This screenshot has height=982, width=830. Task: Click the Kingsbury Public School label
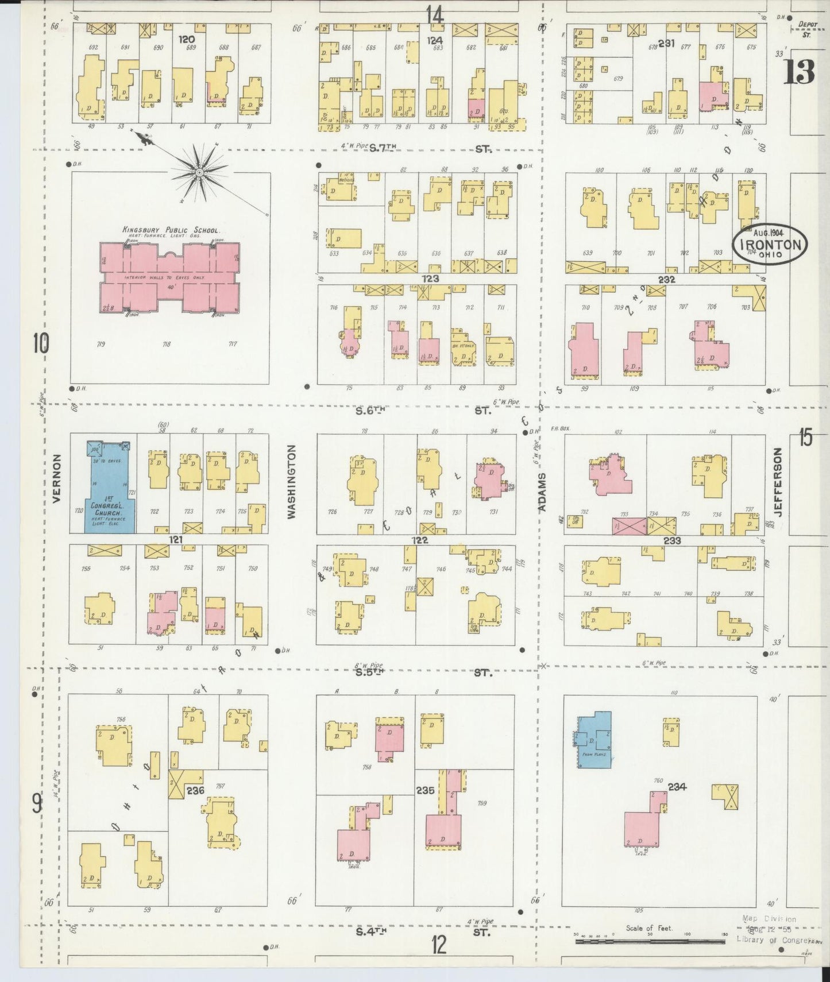(x=171, y=230)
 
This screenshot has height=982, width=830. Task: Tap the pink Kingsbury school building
(x=170, y=279)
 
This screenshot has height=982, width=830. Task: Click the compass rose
(x=199, y=172)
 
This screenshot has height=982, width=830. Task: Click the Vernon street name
(x=56, y=478)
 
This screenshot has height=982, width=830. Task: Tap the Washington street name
(x=291, y=482)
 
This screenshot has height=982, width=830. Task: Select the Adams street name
(x=542, y=493)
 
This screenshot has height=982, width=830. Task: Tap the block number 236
(x=195, y=791)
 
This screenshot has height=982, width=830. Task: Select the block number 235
(x=425, y=790)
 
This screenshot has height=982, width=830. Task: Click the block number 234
(x=677, y=787)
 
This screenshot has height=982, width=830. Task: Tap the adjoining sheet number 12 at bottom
(x=439, y=945)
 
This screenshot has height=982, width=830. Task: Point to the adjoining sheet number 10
(x=40, y=344)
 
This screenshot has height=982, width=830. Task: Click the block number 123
(x=430, y=279)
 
